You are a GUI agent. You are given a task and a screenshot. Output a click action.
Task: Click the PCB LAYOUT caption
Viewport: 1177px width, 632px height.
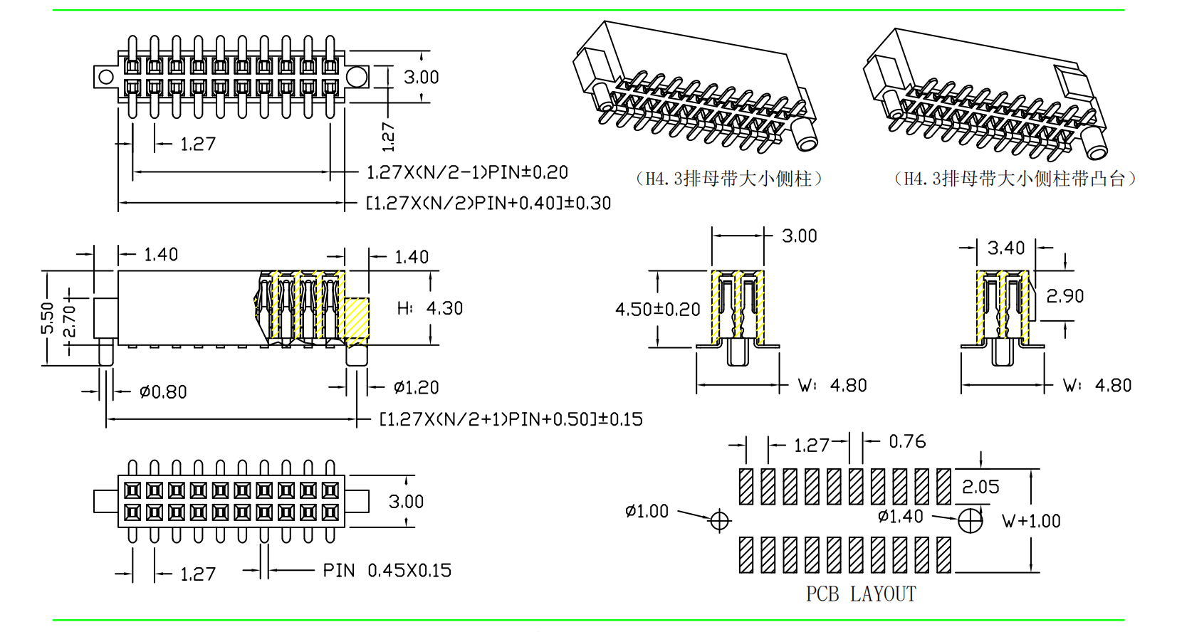(860, 594)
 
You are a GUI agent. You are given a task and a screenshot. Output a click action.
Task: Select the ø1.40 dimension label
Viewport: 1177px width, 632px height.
(900, 516)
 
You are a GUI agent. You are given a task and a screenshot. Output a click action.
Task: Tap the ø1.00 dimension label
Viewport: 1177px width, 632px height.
(647, 511)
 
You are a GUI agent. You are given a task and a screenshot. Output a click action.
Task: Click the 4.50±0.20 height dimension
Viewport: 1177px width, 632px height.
(657, 310)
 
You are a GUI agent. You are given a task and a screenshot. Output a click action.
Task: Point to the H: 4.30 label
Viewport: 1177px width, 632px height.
(430, 308)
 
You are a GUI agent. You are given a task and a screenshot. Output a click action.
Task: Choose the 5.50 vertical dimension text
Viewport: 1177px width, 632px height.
(48, 318)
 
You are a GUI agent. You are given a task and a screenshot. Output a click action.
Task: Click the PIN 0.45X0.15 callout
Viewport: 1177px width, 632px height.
(387, 571)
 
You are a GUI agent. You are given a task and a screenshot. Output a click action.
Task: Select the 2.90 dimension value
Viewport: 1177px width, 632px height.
(1064, 296)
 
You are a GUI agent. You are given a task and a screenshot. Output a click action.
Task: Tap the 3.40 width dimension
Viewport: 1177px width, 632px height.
(1005, 248)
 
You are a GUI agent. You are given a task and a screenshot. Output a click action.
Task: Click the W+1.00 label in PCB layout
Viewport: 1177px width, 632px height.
(1031, 521)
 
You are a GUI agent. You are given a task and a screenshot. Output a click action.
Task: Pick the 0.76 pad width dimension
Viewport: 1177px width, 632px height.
(907, 442)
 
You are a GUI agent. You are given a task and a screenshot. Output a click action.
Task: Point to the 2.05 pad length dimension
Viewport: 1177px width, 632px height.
(980, 488)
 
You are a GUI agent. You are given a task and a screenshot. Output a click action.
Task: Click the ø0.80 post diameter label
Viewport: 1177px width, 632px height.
(163, 392)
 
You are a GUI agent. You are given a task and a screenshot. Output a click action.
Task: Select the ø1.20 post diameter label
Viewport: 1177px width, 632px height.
(416, 388)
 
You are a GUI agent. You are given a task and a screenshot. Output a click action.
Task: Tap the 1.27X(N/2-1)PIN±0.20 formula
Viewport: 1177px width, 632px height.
(467, 172)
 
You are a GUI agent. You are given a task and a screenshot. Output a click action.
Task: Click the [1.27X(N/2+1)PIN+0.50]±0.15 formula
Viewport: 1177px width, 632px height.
(511, 419)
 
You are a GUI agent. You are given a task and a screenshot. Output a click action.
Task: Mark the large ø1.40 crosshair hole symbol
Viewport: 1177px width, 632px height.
(970, 520)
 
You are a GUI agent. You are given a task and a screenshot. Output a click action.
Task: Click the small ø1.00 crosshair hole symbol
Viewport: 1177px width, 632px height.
(720, 520)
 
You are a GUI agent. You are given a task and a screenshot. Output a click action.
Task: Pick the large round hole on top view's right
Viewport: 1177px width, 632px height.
(357, 77)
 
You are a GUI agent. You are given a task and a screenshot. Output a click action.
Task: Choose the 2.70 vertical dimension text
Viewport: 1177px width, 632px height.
(69, 321)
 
